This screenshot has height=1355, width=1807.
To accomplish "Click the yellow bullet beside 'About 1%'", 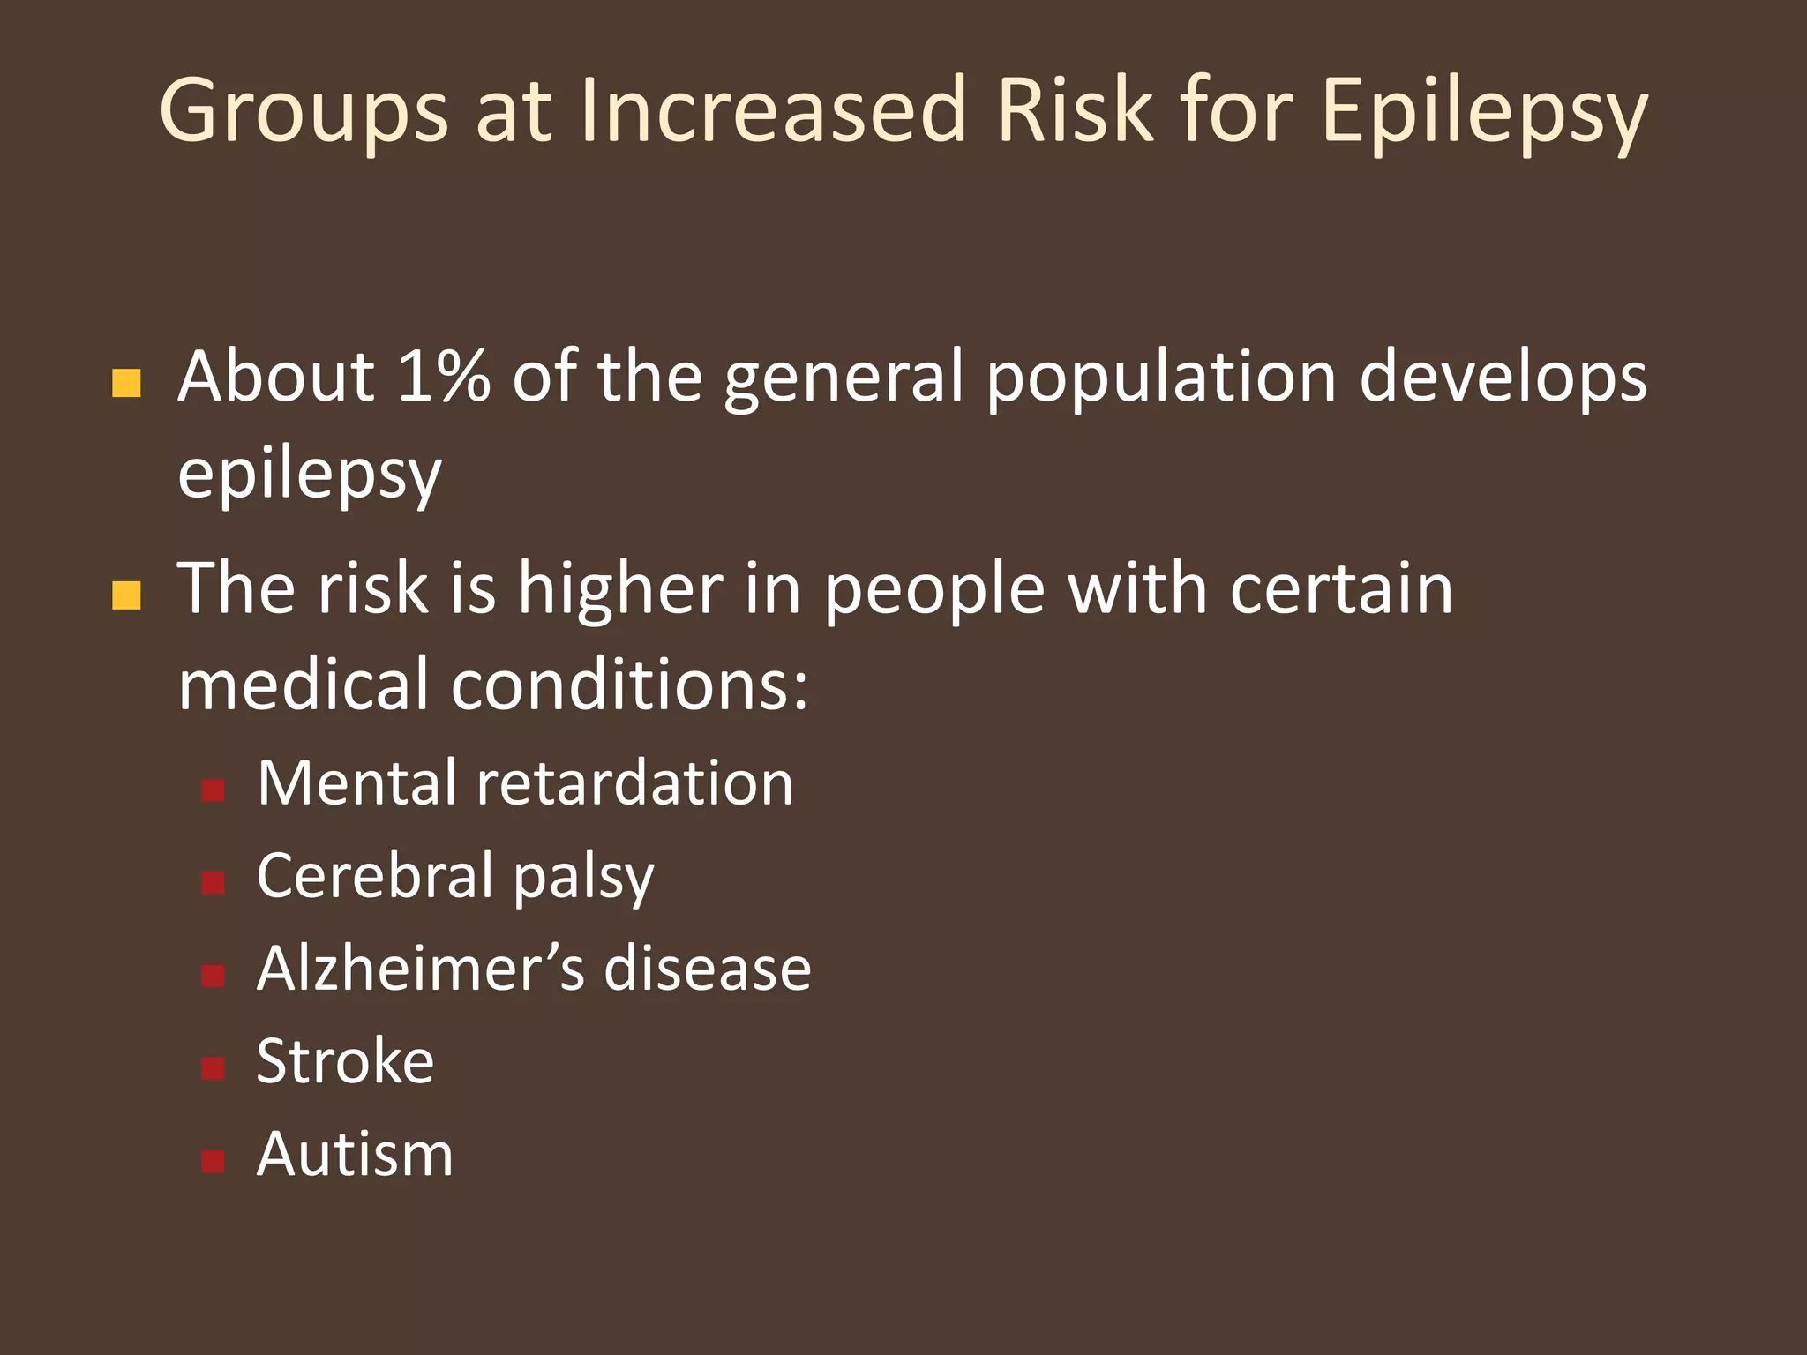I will click(x=127, y=384).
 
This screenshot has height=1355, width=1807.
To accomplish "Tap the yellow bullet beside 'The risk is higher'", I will click(x=127, y=595).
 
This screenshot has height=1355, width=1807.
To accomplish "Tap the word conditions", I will click(x=629, y=685).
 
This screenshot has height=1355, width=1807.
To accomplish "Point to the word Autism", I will click(x=355, y=1154).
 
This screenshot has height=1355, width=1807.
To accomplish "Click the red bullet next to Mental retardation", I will click(x=213, y=790).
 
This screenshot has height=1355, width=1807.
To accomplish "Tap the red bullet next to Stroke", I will click(x=213, y=1068).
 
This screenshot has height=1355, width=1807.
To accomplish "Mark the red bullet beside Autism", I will click(x=213, y=1161).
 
